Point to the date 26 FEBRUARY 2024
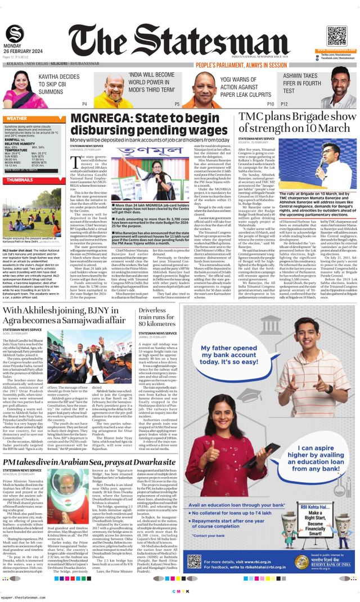pos(20,52)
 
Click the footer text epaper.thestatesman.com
pos(25,598)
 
